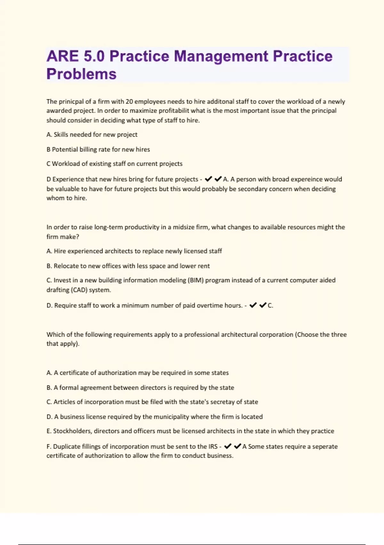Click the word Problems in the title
(x=81, y=74)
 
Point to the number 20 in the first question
(x=129, y=102)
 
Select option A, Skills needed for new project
(x=92, y=135)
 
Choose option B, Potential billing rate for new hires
(x=98, y=149)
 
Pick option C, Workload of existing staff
(x=114, y=164)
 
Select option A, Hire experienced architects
(x=134, y=251)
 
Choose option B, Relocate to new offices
(x=128, y=266)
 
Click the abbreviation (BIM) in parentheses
(x=196, y=280)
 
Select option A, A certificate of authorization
(x=138, y=373)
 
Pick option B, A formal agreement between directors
(x=140, y=388)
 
